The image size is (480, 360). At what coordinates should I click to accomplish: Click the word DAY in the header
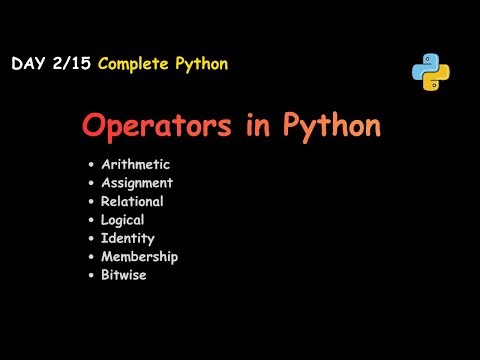pos(28,64)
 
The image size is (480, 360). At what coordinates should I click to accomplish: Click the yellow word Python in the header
pos(201,64)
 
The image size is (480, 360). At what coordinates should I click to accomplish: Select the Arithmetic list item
pos(135,165)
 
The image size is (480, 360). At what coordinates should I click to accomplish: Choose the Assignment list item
pos(137,183)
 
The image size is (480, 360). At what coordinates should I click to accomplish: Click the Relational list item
pos(132,201)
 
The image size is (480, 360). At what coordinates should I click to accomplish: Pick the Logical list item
pos(123,220)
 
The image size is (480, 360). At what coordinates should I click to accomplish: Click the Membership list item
pos(139,256)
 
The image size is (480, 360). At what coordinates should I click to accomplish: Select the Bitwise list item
pos(124,275)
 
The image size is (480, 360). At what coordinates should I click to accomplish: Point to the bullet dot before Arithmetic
pos(91,165)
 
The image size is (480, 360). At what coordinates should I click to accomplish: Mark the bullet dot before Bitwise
pos(91,275)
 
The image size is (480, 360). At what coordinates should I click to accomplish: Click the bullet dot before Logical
pos(91,220)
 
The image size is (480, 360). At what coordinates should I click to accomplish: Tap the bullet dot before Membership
pos(91,256)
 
